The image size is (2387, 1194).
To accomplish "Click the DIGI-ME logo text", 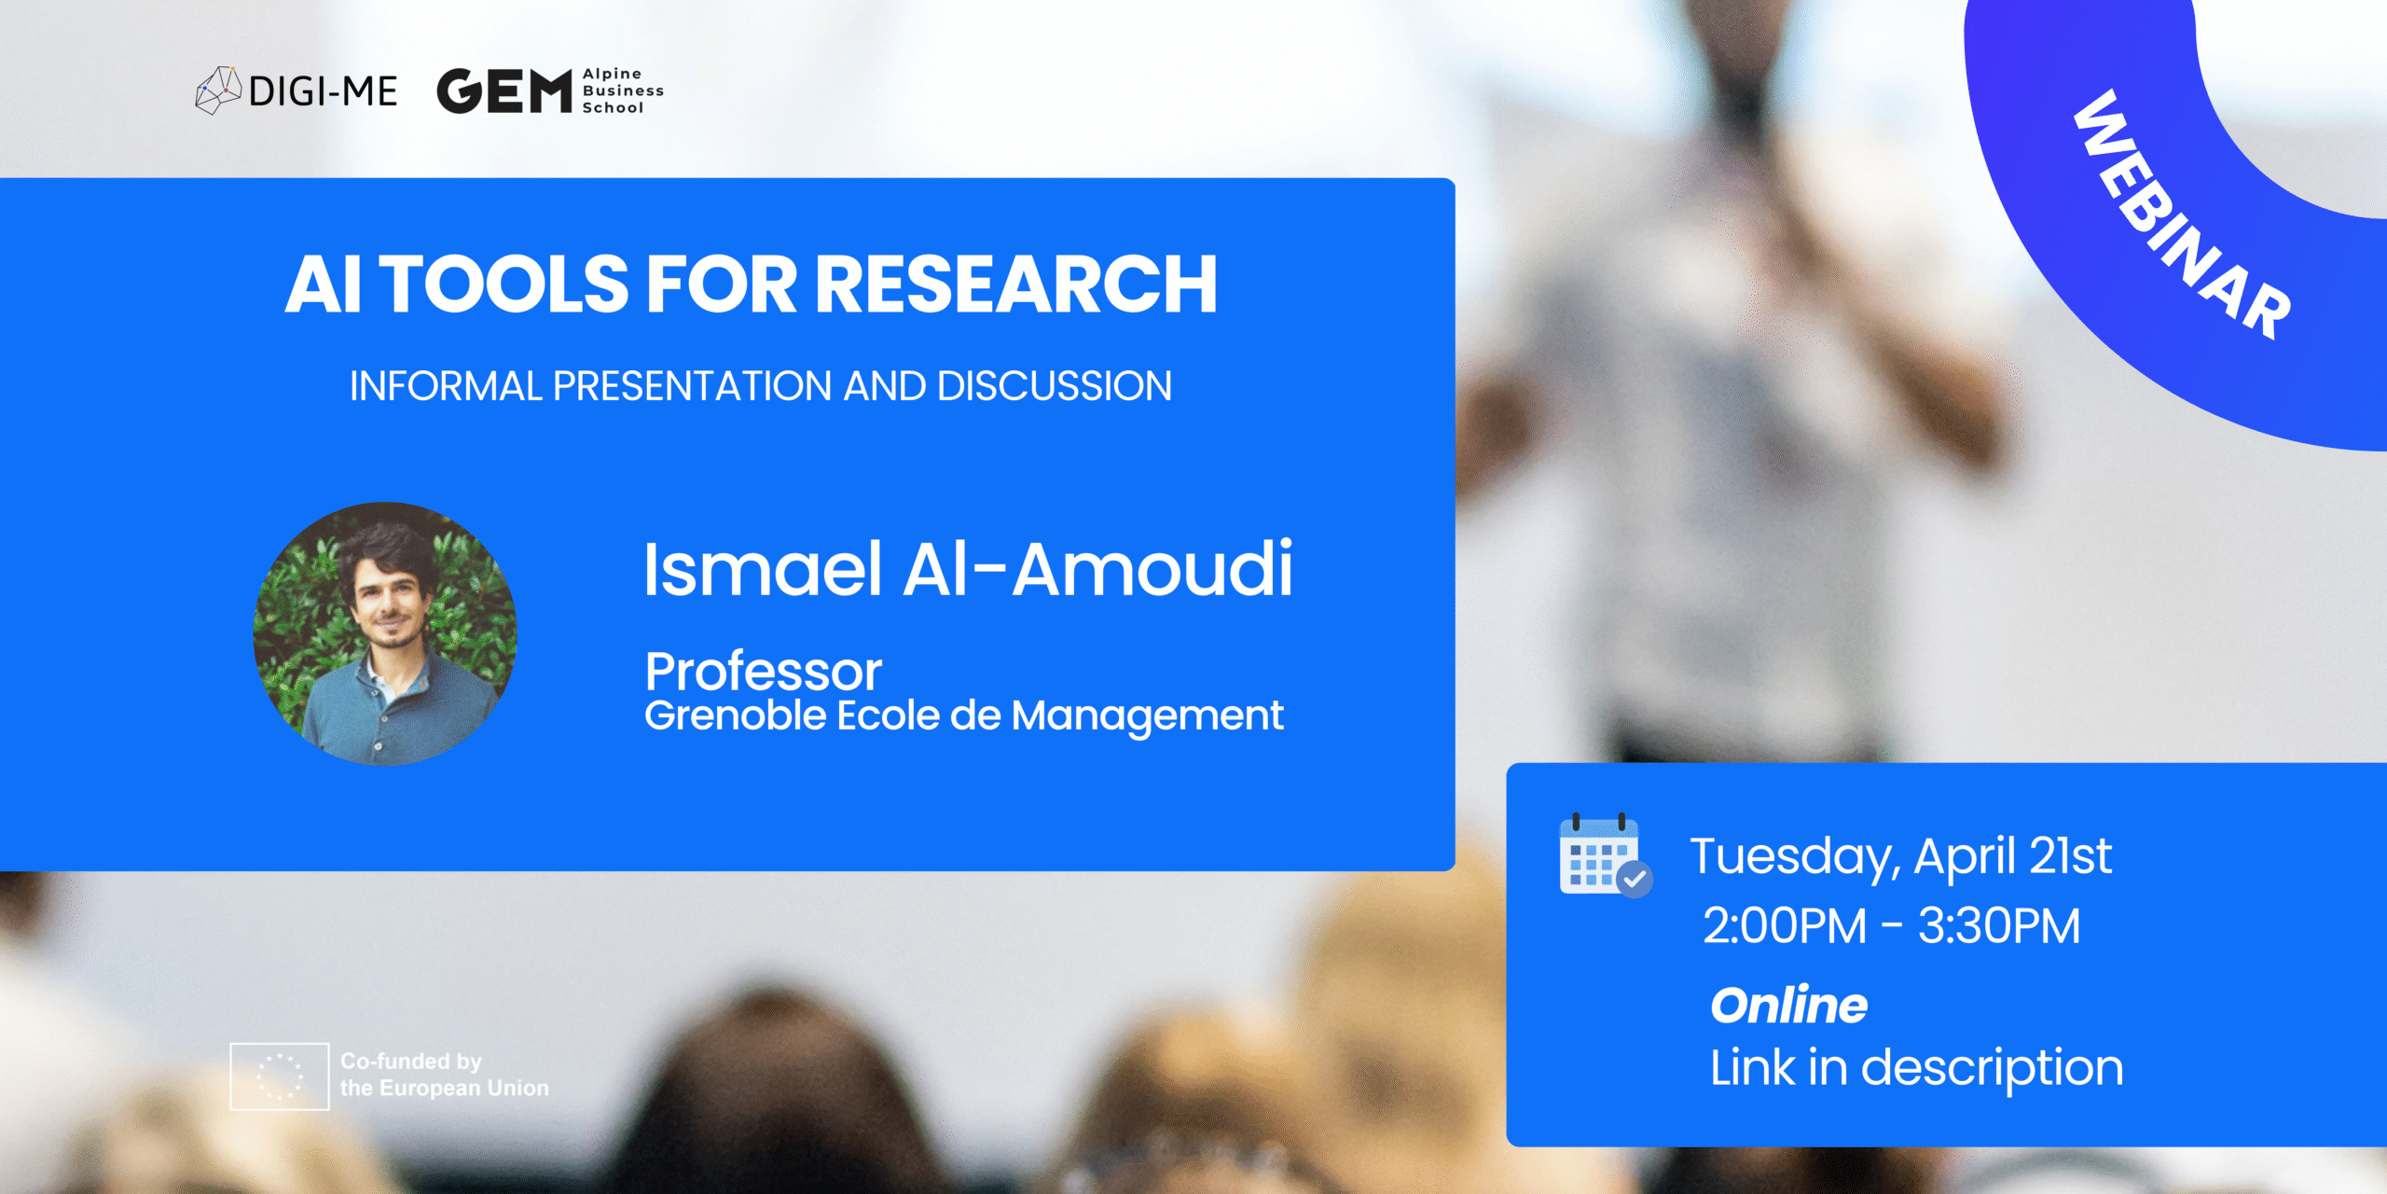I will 323,91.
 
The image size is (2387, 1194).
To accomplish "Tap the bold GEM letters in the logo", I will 504,91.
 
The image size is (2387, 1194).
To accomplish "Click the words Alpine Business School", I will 622,91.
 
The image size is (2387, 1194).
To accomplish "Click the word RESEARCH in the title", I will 1016,285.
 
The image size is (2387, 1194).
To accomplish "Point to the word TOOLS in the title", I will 504,285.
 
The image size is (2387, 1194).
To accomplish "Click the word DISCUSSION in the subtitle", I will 1054,386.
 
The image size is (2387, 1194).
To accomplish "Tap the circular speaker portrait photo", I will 385,634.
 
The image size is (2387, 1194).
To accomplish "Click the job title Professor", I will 763,671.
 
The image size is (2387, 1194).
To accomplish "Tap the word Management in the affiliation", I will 1147,716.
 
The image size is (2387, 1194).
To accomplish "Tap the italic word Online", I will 1788,1006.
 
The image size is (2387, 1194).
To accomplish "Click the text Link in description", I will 1916,1067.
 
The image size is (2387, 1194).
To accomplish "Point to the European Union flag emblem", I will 280,1076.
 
